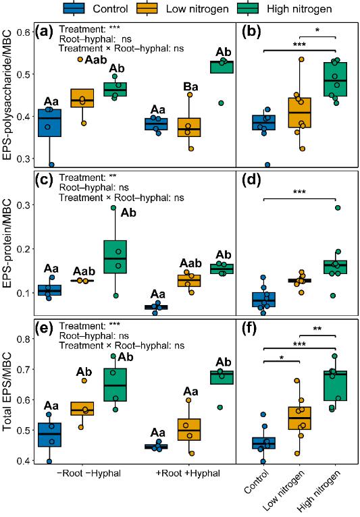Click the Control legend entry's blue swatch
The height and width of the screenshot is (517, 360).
tap(74, 8)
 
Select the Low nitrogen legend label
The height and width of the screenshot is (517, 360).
tap(197, 9)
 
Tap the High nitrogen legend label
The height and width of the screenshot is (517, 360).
tap(299, 9)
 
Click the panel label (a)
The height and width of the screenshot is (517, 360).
tap(45, 32)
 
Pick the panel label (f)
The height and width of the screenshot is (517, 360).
tap(249, 329)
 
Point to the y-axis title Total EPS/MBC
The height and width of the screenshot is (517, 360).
tap(7, 391)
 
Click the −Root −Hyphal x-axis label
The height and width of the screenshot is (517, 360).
tap(88, 474)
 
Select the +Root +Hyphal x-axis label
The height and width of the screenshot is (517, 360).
tap(188, 474)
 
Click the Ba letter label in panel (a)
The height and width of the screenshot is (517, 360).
tap(190, 86)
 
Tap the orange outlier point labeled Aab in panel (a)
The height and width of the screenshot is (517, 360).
tap(80, 59)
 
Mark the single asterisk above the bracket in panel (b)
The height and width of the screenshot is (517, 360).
tap(317, 30)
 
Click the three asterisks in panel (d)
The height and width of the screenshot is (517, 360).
tap(299, 192)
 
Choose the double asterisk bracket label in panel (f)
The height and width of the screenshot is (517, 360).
tap(317, 329)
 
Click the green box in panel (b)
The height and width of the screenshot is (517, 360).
tap(335, 79)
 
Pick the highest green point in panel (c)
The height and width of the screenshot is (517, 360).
tap(114, 208)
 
